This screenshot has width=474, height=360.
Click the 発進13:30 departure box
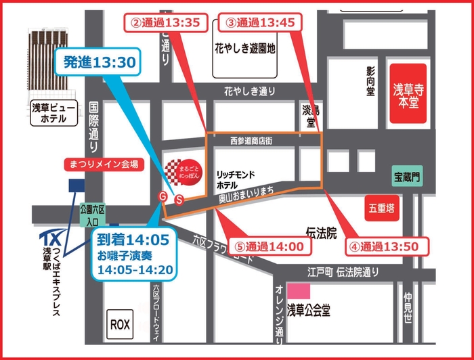100,63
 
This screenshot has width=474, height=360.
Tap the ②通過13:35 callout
165,22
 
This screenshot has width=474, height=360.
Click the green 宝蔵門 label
407,177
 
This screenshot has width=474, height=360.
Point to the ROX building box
119,323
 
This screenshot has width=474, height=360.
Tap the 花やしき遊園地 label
244,49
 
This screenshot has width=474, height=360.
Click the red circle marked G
162,196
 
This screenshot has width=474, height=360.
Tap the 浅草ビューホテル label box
53,113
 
